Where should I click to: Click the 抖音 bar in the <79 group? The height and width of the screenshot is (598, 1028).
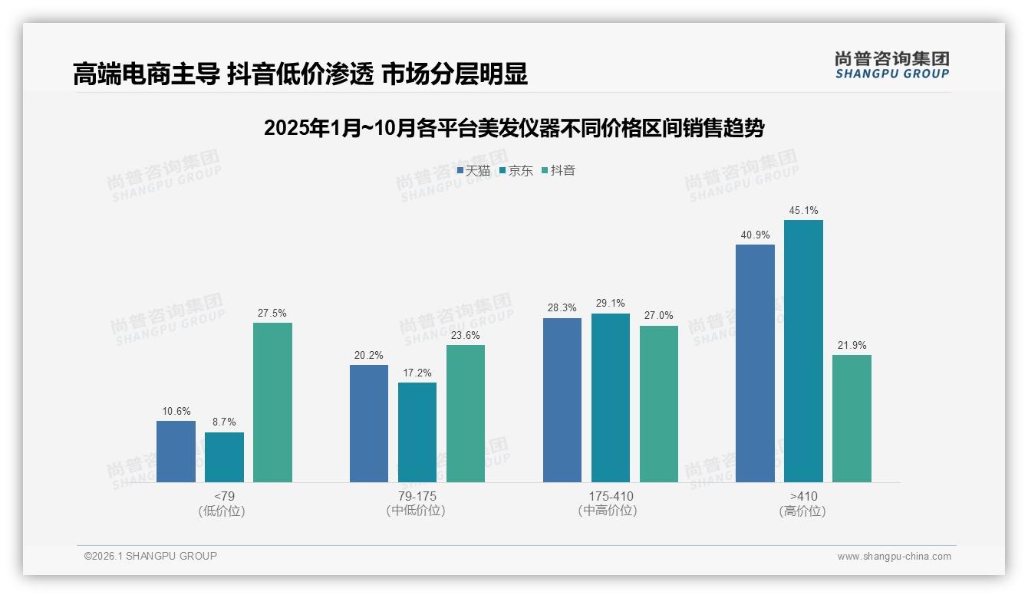[272, 402]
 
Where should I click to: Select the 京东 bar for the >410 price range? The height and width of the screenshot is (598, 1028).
[803, 351]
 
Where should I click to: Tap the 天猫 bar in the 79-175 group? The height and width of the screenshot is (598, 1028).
[369, 423]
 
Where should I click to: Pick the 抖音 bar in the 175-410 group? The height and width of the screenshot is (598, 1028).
[659, 404]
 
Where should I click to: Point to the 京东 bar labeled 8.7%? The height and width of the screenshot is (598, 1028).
[224, 457]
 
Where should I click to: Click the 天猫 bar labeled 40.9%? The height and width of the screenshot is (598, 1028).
[755, 363]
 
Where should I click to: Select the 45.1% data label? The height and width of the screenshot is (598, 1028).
[803, 211]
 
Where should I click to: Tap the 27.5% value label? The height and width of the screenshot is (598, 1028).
[272, 314]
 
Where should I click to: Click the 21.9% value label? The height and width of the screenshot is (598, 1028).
[852, 346]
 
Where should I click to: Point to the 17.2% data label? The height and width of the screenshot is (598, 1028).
[417, 373]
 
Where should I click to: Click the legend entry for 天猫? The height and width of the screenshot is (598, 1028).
[473, 171]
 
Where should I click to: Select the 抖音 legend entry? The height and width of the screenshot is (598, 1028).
[558, 171]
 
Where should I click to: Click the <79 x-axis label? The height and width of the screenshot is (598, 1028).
[224, 497]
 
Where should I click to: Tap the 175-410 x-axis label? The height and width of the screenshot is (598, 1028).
[611, 497]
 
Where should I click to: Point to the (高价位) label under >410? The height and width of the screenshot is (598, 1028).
[802, 511]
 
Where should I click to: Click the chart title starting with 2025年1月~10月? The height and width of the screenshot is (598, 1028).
[514, 128]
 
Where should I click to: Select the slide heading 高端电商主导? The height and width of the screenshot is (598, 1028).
[299, 74]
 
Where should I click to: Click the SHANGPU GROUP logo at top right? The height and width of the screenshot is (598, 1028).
[891, 65]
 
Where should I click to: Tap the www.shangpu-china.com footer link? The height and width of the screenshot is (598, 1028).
[894, 557]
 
